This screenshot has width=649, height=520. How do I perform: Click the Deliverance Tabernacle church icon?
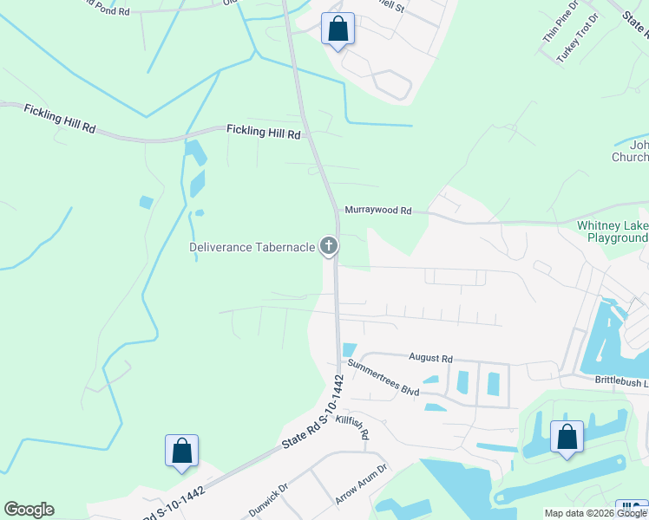328,247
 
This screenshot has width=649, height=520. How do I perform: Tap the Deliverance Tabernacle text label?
252,247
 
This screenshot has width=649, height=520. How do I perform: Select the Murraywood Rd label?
377,211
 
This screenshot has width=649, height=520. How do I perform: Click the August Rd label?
430,358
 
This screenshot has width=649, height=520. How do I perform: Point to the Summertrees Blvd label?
383,378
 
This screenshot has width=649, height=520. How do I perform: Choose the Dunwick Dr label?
271,497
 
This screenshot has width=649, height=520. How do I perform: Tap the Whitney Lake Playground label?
613,231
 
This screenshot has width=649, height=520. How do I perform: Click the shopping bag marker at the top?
338,29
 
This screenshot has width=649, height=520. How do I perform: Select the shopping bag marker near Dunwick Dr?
181,451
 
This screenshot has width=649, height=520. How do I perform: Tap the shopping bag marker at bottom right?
567,439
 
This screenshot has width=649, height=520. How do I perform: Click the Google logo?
29,510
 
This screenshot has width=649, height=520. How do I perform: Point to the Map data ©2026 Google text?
595,513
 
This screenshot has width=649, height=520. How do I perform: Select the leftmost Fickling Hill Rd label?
60,118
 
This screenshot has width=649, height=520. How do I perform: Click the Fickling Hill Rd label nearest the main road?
263,132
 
